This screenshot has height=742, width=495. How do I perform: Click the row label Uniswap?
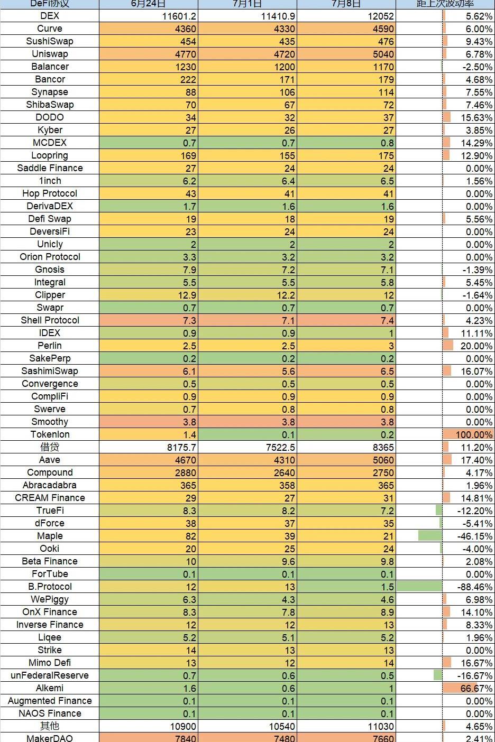tap(50, 54)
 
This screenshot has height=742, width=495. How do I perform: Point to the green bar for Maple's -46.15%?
tap(430, 536)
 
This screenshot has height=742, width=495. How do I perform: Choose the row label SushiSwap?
tap(50, 41)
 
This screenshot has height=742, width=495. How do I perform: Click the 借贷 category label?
tap(50, 447)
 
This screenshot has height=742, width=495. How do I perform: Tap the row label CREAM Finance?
tap(50, 498)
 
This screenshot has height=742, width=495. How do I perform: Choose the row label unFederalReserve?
tap(50, 675)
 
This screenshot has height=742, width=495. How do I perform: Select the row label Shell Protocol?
tap(50, 320)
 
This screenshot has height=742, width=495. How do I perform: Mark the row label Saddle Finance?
tap(50, 168)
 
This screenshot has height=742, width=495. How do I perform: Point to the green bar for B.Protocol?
tap(419, 587)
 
